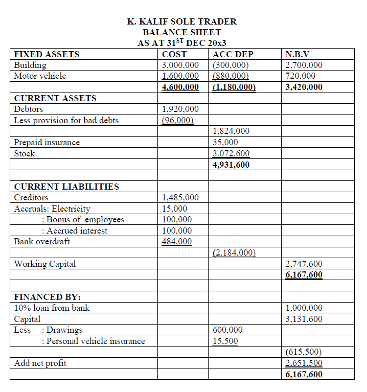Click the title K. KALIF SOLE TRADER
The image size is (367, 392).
pyautogui.click(x=181, y=21)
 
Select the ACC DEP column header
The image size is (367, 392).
pyautogui.click(x=233, y=54)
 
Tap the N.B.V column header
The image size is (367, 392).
pyautogui.click(x=301, y=54)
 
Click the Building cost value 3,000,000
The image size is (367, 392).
pyautogui.click(x=180, y=65)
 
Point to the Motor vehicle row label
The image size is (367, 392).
pyautogui.click(x=40, y=76)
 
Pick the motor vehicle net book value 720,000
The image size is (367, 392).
pyautogui.click(x=301, y=76)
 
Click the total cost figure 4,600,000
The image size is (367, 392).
pyautogui.click(x=180, y=87)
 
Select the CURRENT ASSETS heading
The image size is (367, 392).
pyautogui.click(x=55, y=98)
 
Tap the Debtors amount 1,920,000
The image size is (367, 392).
pyautogui.click(x=180, y=109)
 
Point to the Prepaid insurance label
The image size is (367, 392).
pyautogui.click(x=47, y=142)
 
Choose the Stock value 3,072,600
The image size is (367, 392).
pyautogui.click(x=231, y=153)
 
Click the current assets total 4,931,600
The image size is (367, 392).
pyautogui.click(x=231, y=165)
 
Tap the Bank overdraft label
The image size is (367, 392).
pyautogui.click(x=42, y=241)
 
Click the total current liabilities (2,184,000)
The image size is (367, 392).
pyautogui.click(x=234, y=252)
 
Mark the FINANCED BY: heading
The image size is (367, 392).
pyautogui.click(x=48, y=297)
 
